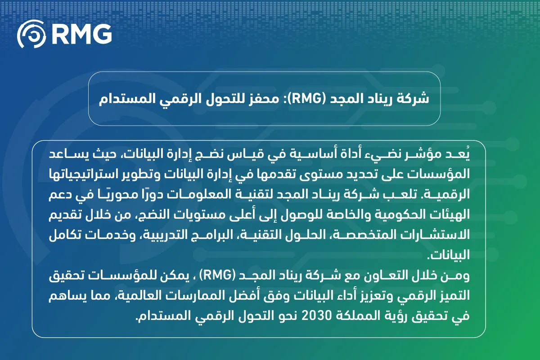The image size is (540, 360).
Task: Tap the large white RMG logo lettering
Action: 81,34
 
